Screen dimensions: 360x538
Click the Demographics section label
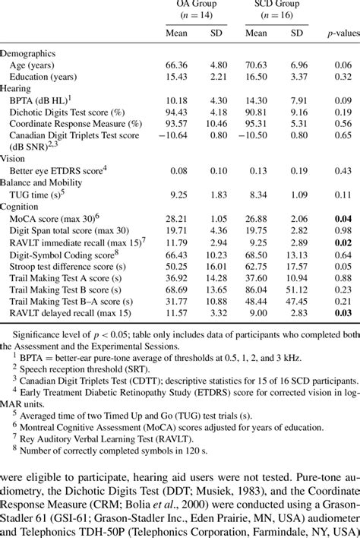[x=30, y=55]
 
